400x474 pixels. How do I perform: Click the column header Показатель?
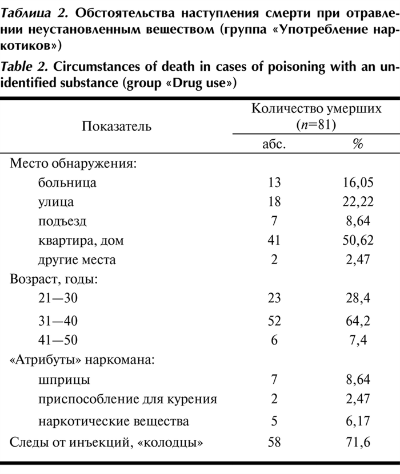point(117,126)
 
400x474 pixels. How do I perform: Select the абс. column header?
point(274,144)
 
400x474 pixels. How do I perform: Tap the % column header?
point(358,144)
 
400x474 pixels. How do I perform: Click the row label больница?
point(67,183)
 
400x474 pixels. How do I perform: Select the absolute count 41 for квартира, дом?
point(274,241)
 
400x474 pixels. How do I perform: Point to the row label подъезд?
point(63,221)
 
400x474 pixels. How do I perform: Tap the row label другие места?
point(77,260)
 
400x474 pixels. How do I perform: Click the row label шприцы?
point(65,379)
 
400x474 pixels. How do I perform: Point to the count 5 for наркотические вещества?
point(274,422)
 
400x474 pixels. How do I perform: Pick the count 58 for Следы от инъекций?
point(274,442)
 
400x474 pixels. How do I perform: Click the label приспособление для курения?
point(128,399)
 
